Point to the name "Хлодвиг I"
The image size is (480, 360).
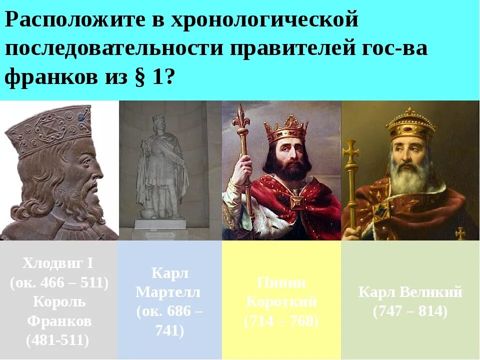pyautogui.click(x=58, y=263)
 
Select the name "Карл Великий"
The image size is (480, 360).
pyautogui.click(x=410, y=292)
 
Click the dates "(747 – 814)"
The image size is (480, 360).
pyautogui.click(x=410, y=311)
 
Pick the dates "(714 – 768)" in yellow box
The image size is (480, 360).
pyautogui.click(x=281, y=321)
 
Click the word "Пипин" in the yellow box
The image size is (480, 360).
pyautogui.click(x=281, y=282)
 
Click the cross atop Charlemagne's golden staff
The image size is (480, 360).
pyautogui.click(x=351, y=150)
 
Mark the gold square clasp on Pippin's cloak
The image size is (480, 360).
pyautogui.click(x=297, y=202)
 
